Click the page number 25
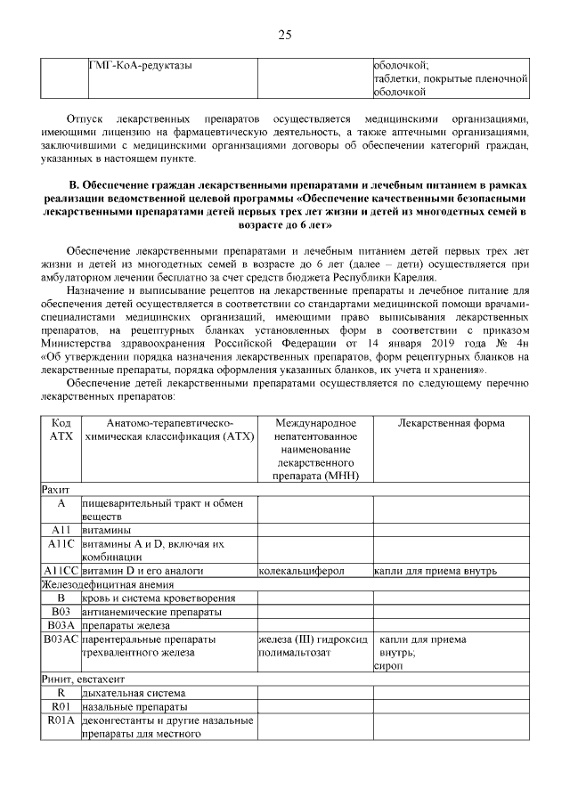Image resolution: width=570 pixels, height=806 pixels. click(x=285, y=35)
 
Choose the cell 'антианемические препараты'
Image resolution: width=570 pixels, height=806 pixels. click(x=151, y=611)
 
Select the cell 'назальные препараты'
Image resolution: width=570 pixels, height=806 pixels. click(x=134, y=706)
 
